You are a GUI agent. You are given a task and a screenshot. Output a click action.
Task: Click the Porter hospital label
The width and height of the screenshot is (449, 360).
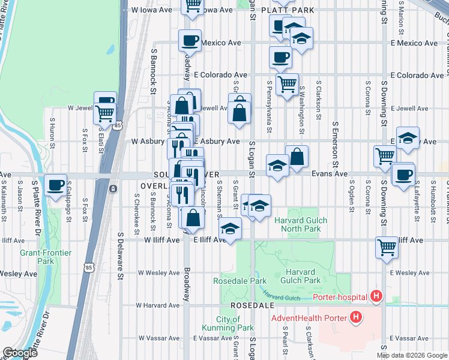pos(340,296)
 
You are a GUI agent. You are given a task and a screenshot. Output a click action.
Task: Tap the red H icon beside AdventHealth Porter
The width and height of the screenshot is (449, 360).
pos(357,317)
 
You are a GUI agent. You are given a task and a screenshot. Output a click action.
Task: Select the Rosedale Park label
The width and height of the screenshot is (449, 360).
pos(240,281)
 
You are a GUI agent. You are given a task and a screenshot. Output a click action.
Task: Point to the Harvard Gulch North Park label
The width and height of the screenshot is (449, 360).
pos(301,224)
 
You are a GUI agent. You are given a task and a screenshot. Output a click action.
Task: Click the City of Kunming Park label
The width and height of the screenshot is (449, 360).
pos(235,323)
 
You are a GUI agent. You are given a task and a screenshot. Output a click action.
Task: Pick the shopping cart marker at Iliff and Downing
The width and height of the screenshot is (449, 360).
pos(387,246)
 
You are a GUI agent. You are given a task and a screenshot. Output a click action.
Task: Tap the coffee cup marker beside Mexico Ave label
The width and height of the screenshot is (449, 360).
pos(190,41)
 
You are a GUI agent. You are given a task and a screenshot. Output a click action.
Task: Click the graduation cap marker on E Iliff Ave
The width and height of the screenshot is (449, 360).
pos(229,229)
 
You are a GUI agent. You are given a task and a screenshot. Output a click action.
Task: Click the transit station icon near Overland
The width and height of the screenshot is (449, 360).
pos(113,189)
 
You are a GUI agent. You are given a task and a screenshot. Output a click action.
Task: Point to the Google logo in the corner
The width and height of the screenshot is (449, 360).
pos(19,353)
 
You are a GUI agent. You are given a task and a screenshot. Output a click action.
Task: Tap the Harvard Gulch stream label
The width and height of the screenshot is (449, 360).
pos(281,295)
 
